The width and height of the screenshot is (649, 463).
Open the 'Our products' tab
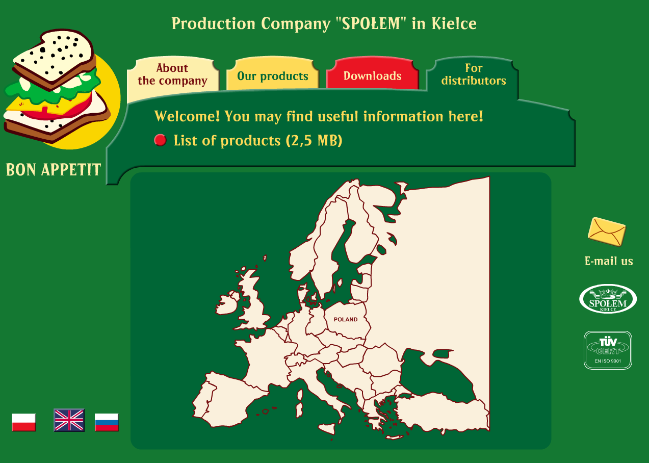click(x=272, y=76)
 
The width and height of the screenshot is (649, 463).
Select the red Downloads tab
click(x=372, y=76)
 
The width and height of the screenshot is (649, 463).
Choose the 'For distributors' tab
click(x=473, y=74)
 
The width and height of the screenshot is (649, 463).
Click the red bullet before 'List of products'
click(x=160, y=140)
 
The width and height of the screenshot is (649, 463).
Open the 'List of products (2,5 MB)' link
click(x=258, y=141)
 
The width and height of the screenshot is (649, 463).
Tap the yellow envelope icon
click(x=607, y=231)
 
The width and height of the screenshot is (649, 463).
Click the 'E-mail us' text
click(x=609, y=261)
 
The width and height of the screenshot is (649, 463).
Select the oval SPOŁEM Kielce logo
click(x=608, y=299)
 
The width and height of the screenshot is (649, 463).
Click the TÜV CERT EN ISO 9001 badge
click(x=608, y=350)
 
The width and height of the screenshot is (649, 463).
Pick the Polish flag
click(x=24, y=422)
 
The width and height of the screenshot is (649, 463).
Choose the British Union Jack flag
click(x=69, y=420)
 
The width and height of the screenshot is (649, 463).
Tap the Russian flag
click(x=107, y=422)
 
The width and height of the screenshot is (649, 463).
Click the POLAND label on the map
click(x=345, y=319)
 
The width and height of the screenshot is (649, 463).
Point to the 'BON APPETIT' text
click(x=54, y=170)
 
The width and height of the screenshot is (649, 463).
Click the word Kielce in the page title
click(x=454, y=23)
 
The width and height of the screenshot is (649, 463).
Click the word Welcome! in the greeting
click(x=187, y=116)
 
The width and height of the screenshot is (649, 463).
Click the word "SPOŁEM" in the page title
click(x=371, y=23)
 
